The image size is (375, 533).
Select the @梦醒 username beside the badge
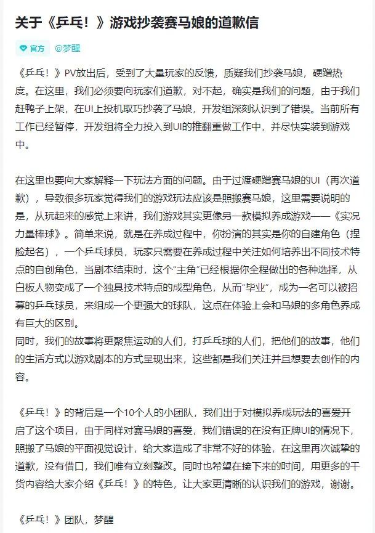click(x=67, y=48)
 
